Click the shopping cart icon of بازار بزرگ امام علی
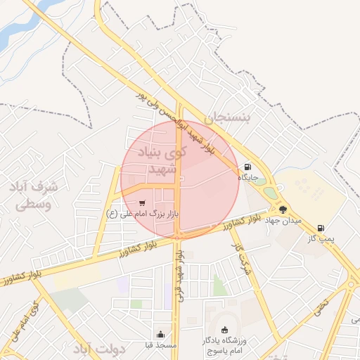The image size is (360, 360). (143, 203)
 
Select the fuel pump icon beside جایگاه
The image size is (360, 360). (247, 167)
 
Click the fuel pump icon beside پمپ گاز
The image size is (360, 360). (321, 228)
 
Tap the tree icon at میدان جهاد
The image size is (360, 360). (283, 210)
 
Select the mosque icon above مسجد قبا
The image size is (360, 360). (161, 334)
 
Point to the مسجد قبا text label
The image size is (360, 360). (161, 345)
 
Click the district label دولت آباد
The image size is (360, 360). (99, 349)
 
